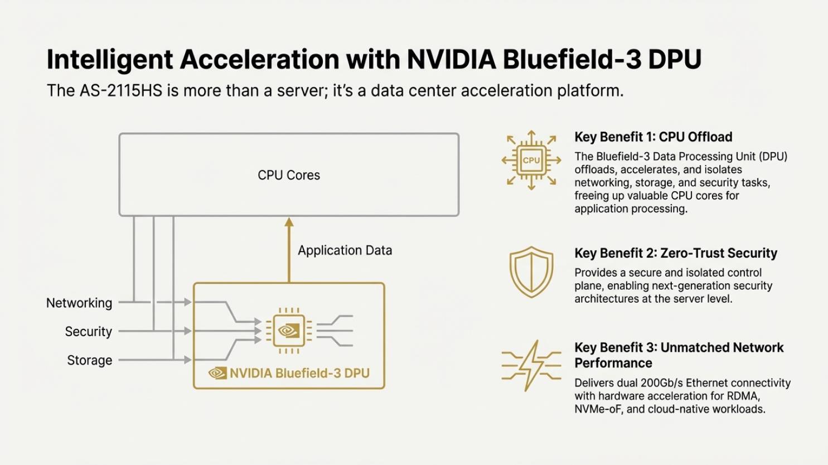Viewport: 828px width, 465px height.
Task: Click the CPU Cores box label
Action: coord(289,175)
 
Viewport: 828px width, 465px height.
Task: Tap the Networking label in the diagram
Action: coord(79,303)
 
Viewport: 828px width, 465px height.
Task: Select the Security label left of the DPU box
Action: coord(88,332)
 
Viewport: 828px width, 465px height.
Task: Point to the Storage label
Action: coord(89,360)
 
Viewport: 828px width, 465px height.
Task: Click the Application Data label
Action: coord(345,250)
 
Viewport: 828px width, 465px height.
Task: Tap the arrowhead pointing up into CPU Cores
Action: coord(289,222)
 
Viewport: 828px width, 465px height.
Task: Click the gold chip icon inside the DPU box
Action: coord(289,330)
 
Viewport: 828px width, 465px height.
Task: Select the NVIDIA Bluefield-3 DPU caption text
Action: coord(299,373)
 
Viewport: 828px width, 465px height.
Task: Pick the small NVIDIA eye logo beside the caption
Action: coord(217,373)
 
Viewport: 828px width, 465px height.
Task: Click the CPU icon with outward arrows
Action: coord(531,161)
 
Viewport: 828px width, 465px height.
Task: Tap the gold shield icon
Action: coord(531,272)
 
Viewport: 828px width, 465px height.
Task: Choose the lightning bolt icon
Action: coord(531,365)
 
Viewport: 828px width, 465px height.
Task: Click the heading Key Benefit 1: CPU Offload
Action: coord(653,137)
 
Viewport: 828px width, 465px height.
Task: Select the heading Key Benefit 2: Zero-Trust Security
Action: coord(675,253)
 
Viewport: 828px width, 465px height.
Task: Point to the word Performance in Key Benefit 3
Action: coord(613,363)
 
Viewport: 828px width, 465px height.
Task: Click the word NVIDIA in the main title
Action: coord(451,60)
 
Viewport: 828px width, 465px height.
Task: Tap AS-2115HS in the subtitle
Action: coord(120,90)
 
